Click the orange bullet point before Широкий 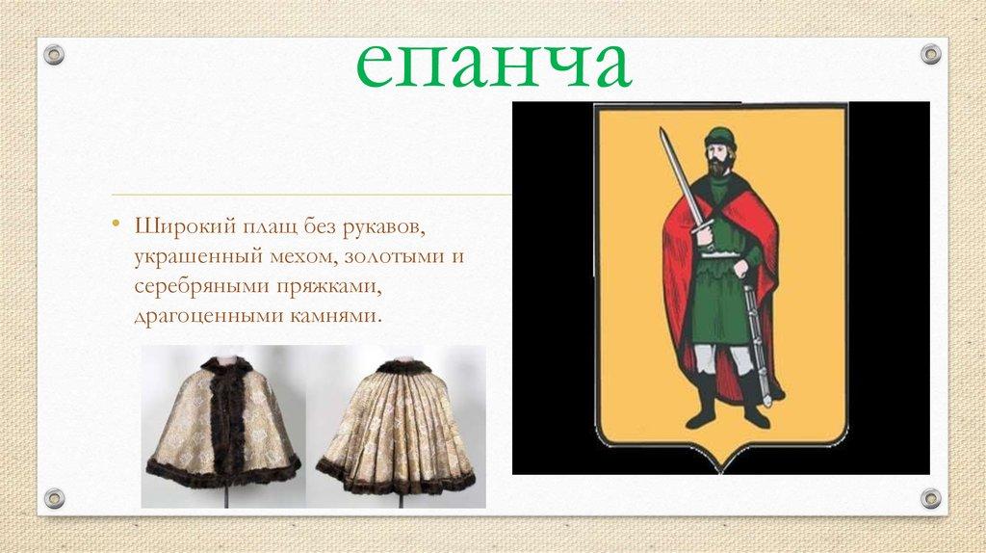pyautogui.click(x=115, y=226)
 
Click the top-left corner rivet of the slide pyautogui.click(x=54, y=54)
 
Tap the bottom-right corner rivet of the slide pyautogui.click(x=930, y=498)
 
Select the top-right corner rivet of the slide pyautogui.click(x=930, y=54)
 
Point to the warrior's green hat pyautogui.click(x=717, y=137)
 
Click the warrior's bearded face pyautogui.click(x=717, y=156)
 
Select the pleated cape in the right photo pyautogui.click(x=397, y=429)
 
